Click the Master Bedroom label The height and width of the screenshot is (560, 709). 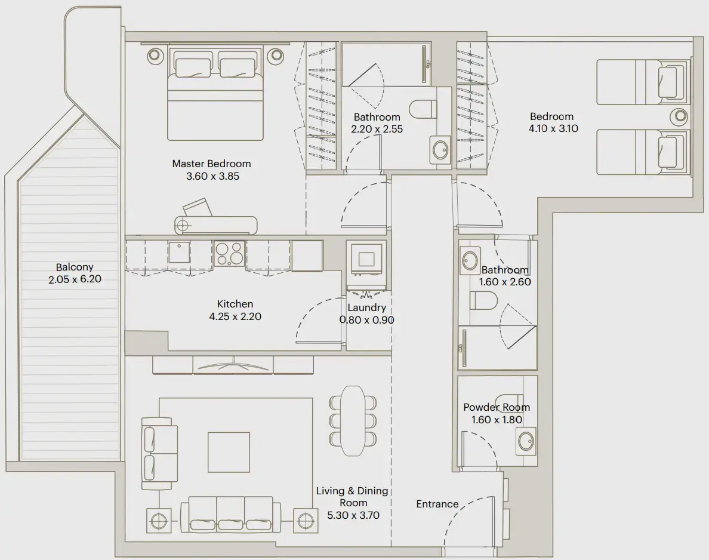(211, 164)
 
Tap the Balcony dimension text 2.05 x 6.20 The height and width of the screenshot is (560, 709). (75, 279)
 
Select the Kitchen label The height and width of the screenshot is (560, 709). (235, 304)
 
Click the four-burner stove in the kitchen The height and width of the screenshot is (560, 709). (229, 253)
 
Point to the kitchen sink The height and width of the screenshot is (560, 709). (178, 252)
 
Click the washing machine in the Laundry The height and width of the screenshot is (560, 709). (366, 258)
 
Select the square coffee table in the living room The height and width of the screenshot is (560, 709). (229, 452)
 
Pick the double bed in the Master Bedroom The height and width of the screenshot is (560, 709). (215, 94)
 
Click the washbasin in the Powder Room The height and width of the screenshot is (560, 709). (526, 441)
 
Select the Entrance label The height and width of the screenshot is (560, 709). (437, 504)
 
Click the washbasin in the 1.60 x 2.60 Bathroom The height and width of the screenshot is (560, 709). (470, 260)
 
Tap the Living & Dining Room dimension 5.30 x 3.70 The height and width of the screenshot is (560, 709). (353, 515)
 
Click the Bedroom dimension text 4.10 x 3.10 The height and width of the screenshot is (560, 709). (553, 128)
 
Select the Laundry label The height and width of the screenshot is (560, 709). (366, 308)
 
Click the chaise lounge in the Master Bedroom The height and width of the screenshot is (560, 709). (215, 221)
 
